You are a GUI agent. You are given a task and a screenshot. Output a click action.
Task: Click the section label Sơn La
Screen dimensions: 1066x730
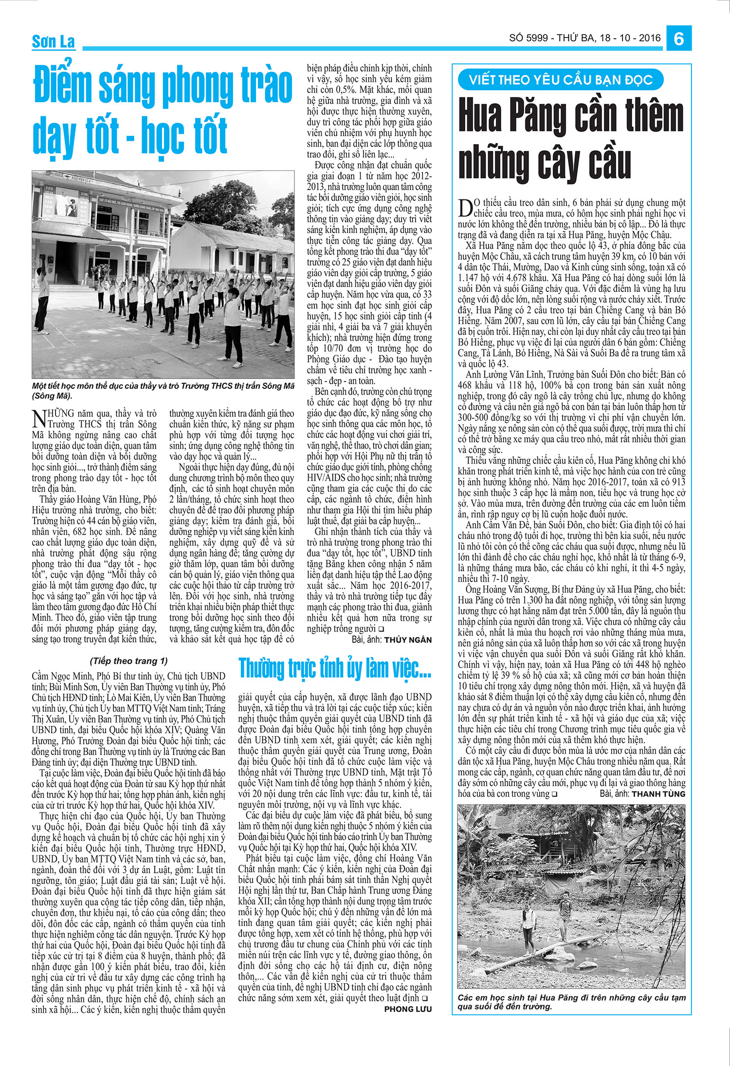tap(54, 42)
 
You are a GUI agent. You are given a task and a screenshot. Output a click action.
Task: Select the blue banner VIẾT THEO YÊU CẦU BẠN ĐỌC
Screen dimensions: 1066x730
tap(560, 80)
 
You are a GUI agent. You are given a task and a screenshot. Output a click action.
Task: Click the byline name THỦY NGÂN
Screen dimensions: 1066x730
tap(408, 639)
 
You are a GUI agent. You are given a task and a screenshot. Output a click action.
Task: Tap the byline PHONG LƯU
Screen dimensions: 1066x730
tap(407, 1009)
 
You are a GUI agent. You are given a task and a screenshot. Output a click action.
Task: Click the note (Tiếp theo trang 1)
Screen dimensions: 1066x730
tap(128, 661)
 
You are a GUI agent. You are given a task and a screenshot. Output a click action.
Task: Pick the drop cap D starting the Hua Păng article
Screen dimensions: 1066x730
tap(465, 208)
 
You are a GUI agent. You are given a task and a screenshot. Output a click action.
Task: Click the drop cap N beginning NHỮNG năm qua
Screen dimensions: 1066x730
tap(38, 418)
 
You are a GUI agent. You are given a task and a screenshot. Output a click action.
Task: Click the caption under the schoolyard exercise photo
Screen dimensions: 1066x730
tap(163, 390)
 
